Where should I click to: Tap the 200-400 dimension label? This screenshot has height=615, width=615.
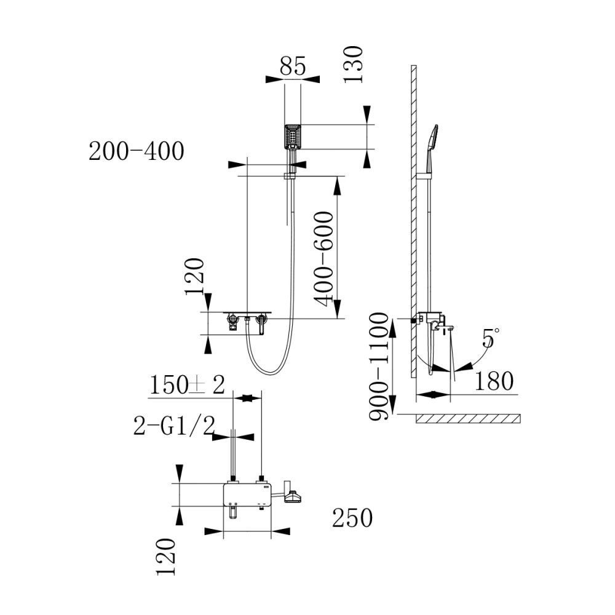137,151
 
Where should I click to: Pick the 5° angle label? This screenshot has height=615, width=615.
490,339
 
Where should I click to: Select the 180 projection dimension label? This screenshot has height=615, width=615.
494,381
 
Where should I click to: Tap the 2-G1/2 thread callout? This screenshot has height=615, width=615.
173,426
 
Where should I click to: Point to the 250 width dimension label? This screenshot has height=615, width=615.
352,518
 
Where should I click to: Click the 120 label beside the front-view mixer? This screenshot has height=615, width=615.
195,277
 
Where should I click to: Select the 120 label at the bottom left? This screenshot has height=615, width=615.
166,557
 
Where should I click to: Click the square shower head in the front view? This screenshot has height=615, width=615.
293,137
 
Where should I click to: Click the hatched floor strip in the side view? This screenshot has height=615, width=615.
467,419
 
